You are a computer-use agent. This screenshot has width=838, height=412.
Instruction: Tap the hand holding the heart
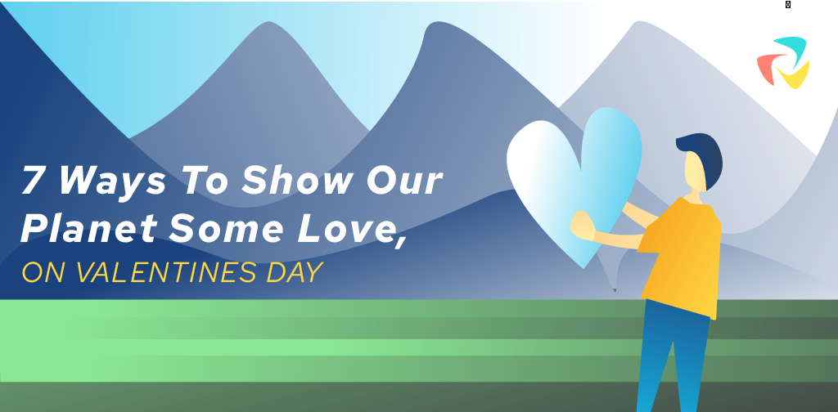click(583, 226)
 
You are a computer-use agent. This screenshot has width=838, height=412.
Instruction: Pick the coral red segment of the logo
click(766, 69)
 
